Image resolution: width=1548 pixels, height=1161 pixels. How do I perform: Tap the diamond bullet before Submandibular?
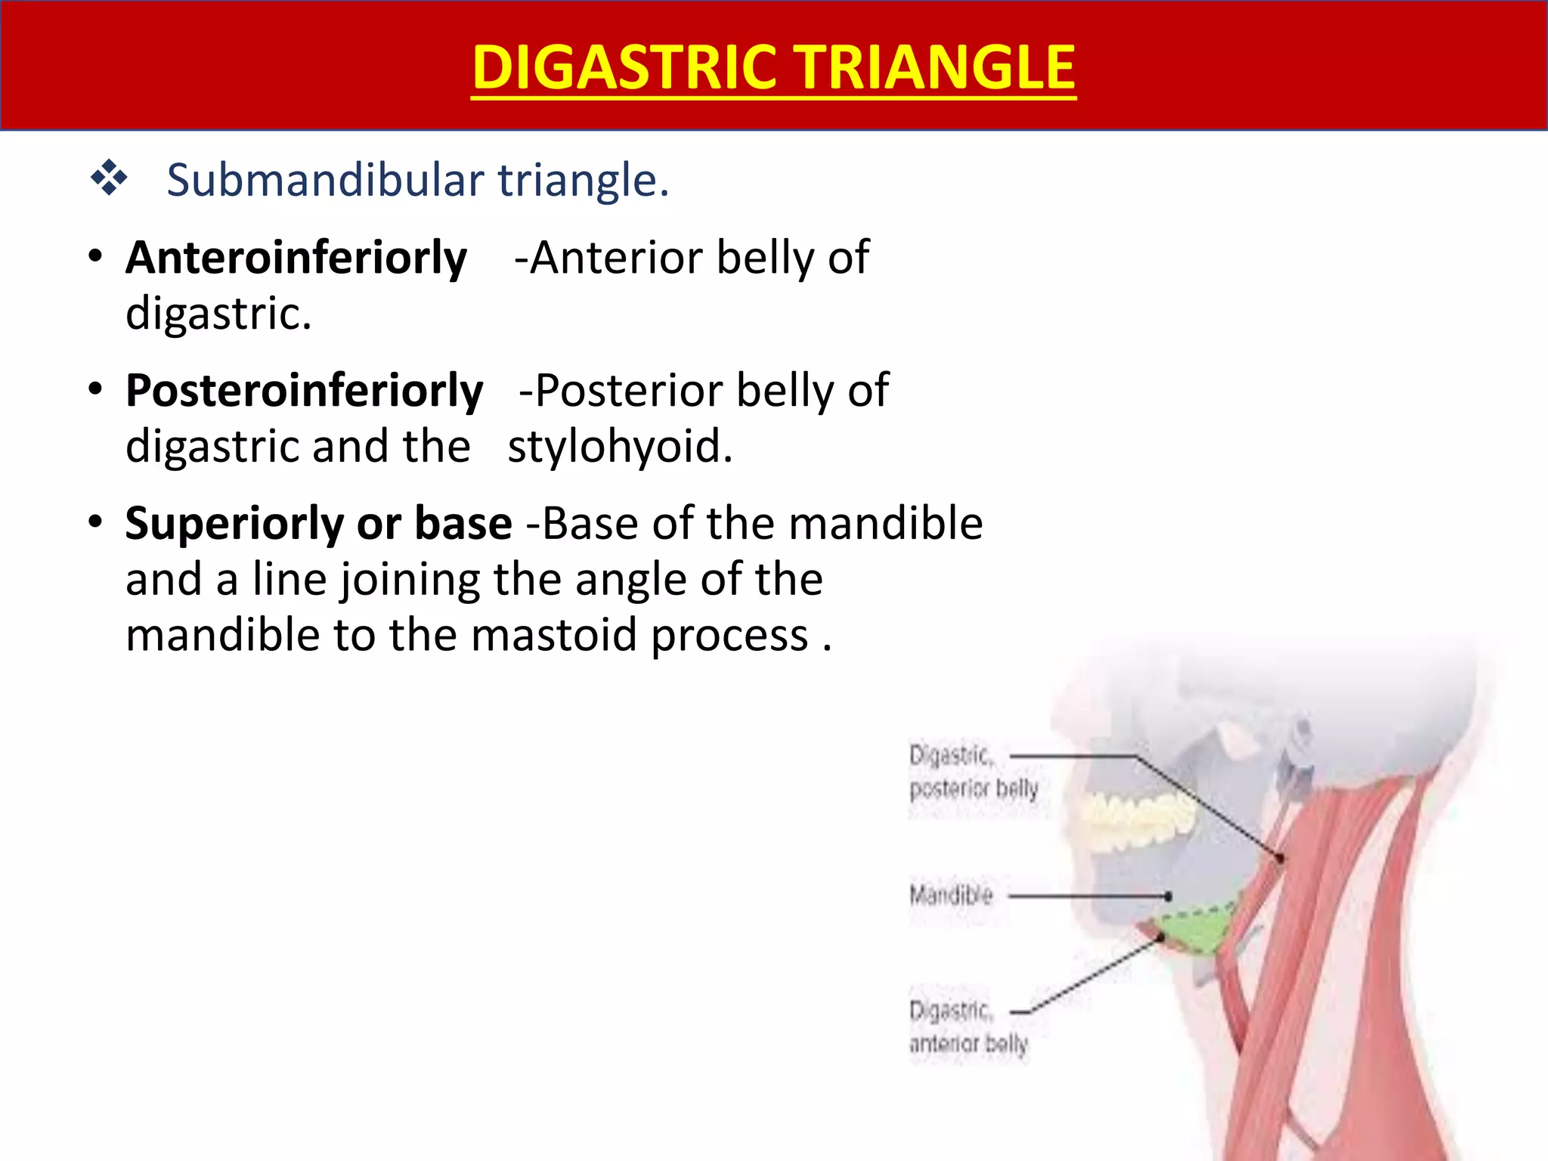click(x=109, y=178)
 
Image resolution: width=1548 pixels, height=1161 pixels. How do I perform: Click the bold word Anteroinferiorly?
click(x=296, y=258)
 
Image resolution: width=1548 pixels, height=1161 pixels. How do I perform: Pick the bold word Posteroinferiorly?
click(x=304, y=391)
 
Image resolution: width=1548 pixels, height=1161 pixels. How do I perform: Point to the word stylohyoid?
click(x=619, y=446)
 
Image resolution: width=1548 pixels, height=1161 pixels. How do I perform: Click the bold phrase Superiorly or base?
click(x=318, y=523)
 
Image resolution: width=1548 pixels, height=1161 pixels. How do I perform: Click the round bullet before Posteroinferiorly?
click(x=94, y=390)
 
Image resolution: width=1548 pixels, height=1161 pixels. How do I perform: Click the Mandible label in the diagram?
click(x=950, y=896)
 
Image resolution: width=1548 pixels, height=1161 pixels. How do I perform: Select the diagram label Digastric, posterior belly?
click(x=972, y=772)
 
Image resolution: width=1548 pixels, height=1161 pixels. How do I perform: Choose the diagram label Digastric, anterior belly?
click(x=967, y=1027)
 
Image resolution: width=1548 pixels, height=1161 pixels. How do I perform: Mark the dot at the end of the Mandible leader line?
click(x=1169, y=896)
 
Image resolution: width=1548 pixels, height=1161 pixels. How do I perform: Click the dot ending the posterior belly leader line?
click(x=1280, y=858)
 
